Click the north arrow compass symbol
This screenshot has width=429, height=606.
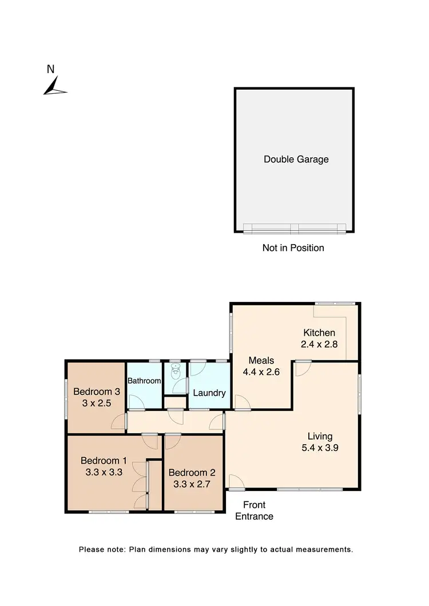click(x=54, y=86)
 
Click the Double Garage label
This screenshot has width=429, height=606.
click(x=296, y=160)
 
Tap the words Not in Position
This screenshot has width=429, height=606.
click(x=293, y=248)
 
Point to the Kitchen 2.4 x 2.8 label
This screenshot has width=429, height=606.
click(x=319, y=338)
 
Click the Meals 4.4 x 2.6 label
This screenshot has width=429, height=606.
click(x=261, y=366)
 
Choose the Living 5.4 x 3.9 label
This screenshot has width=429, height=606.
click(x=320, y=442)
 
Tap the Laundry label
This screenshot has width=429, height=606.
click(x=209, y=393)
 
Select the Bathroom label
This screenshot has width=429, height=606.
click(x=144, y=380)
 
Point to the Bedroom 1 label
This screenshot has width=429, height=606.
click(x=104, y=461)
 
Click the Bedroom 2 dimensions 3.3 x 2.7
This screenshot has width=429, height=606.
click(x=192, y=484)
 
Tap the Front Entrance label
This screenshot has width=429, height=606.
click(x=254, y=511)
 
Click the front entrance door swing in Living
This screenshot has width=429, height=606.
click(x=235, y=483)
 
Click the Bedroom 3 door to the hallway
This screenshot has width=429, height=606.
click(x=119, y=421)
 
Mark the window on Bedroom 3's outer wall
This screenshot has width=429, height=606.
click(x=66, y=398)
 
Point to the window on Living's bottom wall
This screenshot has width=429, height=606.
click(x=309, y=489)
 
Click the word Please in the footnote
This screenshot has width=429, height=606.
click(x=92, y=549)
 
